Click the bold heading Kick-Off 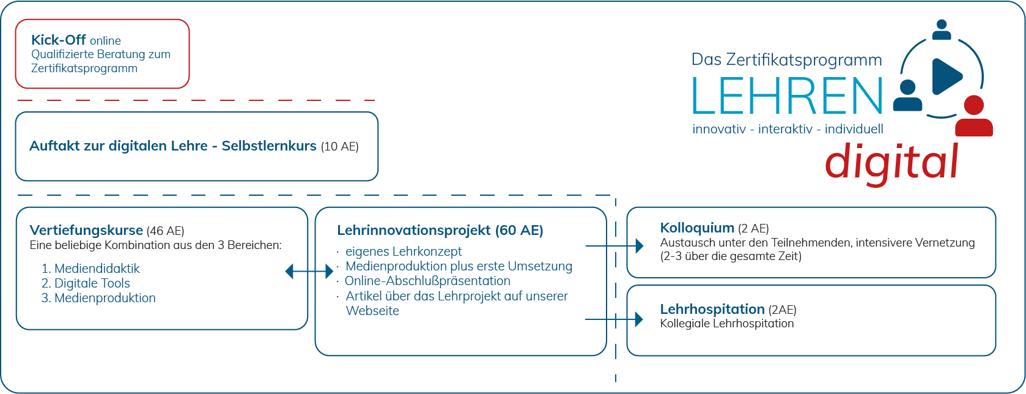point(59,40)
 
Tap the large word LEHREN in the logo point(788,96)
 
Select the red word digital point(891,162)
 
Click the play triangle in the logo point(946,76)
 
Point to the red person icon point(974,117)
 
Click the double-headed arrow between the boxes point(309,271)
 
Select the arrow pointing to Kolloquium point(614,246)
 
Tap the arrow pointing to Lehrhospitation point(614,319)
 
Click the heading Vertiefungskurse point(86,231)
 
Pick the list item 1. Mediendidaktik point(90,269)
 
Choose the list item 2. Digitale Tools point(86,283)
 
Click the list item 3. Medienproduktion point(98,298)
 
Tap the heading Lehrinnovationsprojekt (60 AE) point(440,231)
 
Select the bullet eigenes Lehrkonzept point(404,251)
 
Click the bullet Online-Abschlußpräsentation point(427,281)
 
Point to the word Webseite point(372,311)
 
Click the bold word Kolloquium point(697,228)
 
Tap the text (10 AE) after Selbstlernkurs point(340,147)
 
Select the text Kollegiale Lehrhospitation point(727,324)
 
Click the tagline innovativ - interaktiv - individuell point(788,129)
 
